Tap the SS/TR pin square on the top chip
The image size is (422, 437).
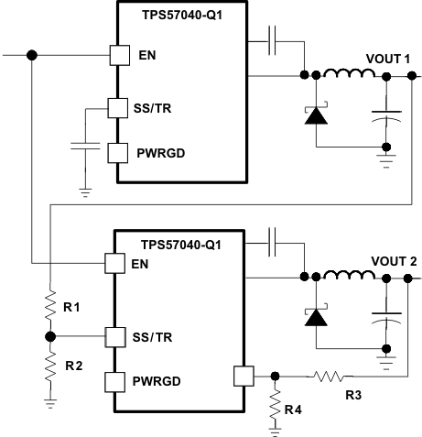117,109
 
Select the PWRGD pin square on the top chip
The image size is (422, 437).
117,151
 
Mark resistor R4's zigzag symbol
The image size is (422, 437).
275,404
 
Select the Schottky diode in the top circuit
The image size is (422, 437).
317,115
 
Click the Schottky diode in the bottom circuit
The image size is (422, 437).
317,316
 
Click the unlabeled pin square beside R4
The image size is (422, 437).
243,375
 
